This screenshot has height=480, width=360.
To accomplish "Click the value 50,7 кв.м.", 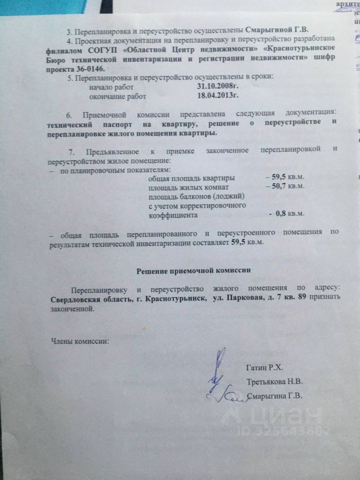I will (x=285, y=186).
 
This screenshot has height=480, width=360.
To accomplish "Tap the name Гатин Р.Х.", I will (x=264, y=368).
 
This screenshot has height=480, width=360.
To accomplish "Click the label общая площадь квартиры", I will (x=192, y=177).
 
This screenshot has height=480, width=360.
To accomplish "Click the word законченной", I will (x=72, y=308).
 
